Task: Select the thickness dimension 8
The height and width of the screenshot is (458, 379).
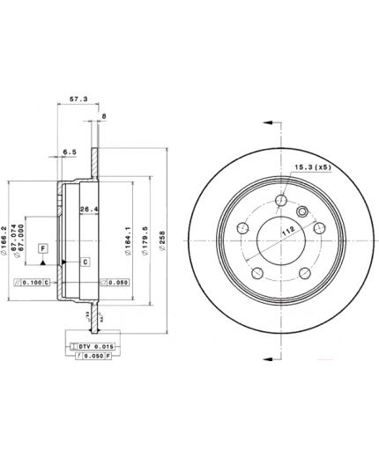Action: [103, 115]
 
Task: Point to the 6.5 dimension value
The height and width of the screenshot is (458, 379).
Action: [70, 151]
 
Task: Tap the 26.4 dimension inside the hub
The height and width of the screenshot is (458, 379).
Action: [88, 209]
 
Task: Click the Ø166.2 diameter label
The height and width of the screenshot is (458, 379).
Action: [8, 237]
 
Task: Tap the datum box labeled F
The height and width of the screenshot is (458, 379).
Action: [41, 250]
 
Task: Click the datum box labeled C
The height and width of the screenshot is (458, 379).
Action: [85, 262]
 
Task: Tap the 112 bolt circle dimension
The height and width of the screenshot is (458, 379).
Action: [286, 233]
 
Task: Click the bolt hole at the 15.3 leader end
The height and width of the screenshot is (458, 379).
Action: [280, 201]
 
